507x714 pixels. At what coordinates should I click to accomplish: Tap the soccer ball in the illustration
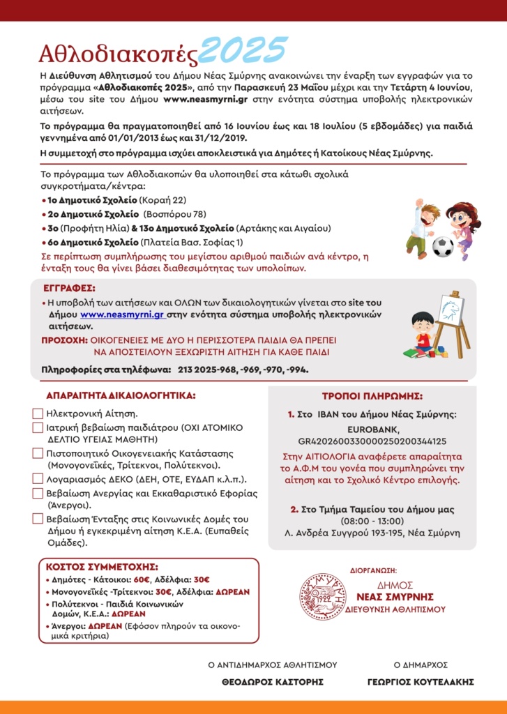point(442,246)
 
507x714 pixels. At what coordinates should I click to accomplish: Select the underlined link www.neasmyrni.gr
point(122,314)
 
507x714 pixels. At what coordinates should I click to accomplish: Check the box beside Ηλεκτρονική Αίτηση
point(38,413)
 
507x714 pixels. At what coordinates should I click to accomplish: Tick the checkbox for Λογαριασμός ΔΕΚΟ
point(38,479)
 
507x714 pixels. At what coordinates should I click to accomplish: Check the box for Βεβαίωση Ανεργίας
point(38,494)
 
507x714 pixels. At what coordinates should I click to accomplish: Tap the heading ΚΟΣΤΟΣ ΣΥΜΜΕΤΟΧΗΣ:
point(102,566)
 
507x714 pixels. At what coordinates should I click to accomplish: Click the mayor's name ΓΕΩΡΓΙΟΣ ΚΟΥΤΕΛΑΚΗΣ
point(421,681)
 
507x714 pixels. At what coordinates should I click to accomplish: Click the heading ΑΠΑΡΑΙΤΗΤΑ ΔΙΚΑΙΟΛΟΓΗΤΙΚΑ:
point(121,395)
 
